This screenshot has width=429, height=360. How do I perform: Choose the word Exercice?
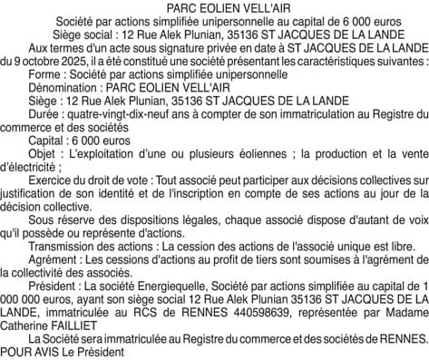point(54,184)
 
